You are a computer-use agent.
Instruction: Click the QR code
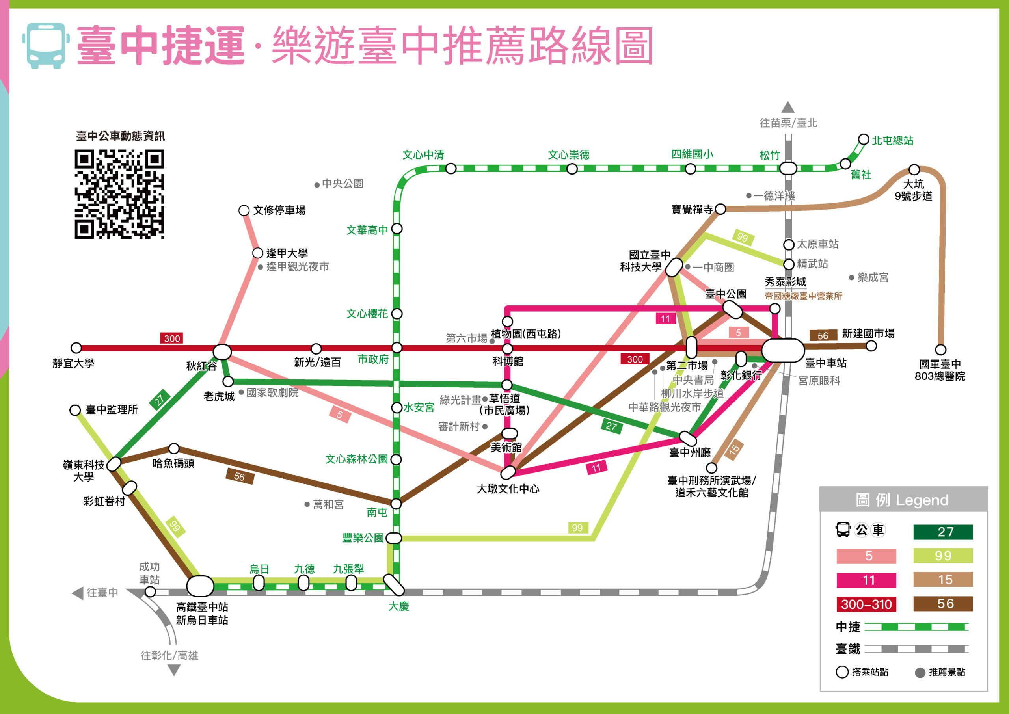pyautogui.click(x=119, y=194)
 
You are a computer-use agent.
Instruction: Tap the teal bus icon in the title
pyautogui.click(x=46, y=46)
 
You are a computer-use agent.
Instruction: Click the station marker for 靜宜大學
pyautogui.click(x=76, y=348)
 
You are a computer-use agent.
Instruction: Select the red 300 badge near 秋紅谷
pyautogui.click(x=172, y=338)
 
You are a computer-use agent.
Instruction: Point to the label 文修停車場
pyautogui.click(x=279, y=210)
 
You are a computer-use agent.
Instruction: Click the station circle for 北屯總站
pyautogui.click(x=864, y=139)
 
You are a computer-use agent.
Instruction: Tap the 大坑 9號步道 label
pyautogui.click(x=913, y=190)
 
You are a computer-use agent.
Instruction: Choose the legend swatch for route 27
pyautogui.click(x=943, y=532)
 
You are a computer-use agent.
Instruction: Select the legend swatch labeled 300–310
pyautogui.click(x=866, y=604)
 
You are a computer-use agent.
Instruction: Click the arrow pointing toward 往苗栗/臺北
pyautogui.click(x=788, y=107)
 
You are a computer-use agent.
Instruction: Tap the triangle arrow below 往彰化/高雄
pyautogui.click(x=174, y=670)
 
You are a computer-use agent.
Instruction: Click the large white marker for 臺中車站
pyautogui.click(x=783, y=350)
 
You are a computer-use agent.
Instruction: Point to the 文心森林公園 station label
pyautogui.click(x=356, y=459)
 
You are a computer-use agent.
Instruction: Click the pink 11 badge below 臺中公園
pyautogui.click(x=665, y=319)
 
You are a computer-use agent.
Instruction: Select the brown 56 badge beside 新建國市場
pyautogui.click(x=823, y=336)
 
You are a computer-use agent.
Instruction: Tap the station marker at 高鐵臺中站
pyautogui.click(x=200, y=586)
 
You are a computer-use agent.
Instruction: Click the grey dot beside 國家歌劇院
pyautogui.click(x=241, y=392)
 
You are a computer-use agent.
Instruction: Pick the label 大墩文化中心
pyautogui.click(x=508, y=489)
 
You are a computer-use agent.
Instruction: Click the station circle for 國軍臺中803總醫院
pyautogui.click(x=940, y=350)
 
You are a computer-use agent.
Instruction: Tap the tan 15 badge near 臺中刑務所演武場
pyautogui.click(x=734, y=450)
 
